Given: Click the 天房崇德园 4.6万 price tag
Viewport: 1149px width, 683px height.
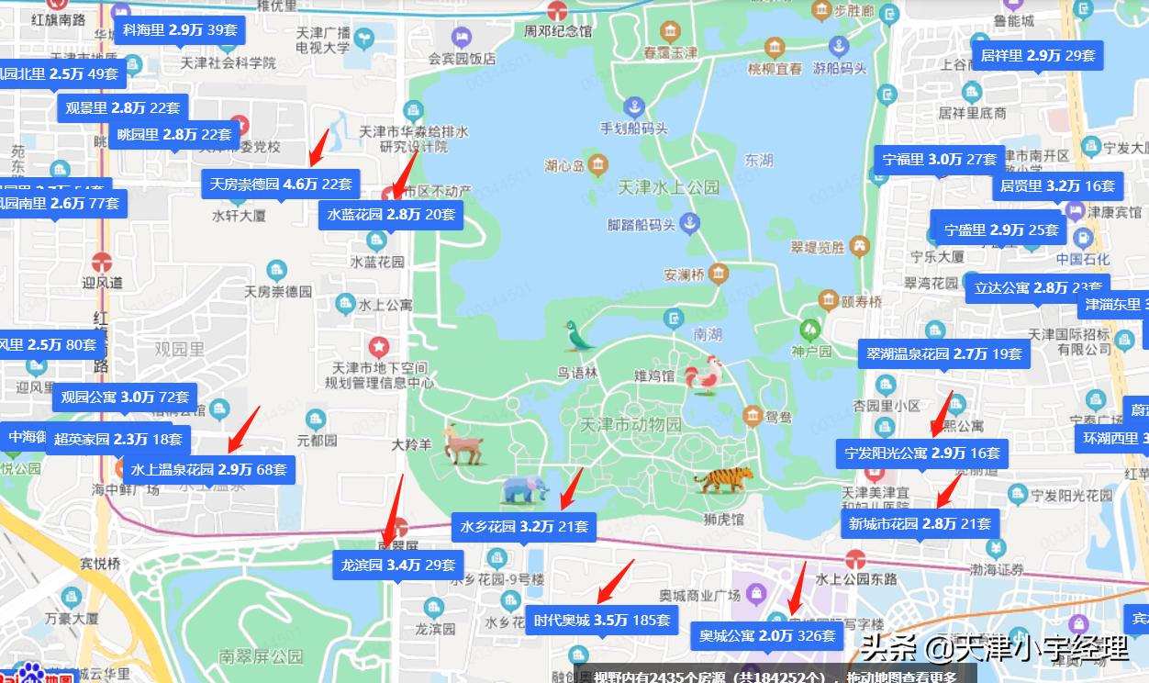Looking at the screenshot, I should click(x=281, y=185).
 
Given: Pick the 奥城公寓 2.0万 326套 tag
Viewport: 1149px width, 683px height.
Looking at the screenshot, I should click(x=767, y=635).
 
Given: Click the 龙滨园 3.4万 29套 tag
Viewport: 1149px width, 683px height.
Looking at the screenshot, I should click(x=397, y=565).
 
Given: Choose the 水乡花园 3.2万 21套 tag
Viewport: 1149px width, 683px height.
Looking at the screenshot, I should click(x=524, y=527).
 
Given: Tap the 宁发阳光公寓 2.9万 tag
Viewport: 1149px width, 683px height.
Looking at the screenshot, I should click(x=922, y=453).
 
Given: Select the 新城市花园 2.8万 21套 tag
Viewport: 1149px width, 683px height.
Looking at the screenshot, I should click(x=920, y=524).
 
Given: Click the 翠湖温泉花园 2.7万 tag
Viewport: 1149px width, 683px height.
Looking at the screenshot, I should click(x=943, y=353).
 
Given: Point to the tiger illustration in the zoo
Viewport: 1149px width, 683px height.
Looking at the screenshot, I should click(x=724, y=479).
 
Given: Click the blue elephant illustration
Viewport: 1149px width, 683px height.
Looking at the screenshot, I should click(x=524, y=490).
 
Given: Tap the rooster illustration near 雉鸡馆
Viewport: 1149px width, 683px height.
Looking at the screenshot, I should click(x=704, y=375).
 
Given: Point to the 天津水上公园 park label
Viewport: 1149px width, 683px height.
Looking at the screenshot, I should click(x=668, y=187).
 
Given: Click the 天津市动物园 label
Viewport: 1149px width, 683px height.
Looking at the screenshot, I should click(x=631, y=425).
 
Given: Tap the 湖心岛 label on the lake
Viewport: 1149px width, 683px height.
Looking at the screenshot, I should click(x=564, y=166).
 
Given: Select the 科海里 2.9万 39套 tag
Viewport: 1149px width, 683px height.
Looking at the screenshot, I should click(x=180, y=30).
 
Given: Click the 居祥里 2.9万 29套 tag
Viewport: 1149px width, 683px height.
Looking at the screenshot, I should click(x=1037, y=56).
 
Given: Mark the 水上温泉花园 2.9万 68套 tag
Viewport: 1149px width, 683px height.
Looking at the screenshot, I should click(x=208, y=469).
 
